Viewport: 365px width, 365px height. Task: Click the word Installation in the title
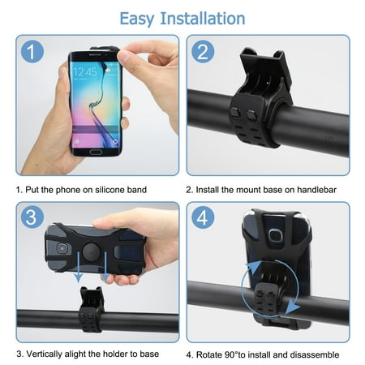[203, 19]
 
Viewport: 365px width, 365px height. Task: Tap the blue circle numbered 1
[32, 52]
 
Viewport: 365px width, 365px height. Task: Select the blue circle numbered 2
[203, 52]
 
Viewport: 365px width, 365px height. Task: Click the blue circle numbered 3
[32, 217]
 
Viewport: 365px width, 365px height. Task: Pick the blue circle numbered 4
[203, 217]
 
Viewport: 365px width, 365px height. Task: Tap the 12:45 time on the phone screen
[85, 72]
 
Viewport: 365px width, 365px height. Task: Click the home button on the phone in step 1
[96, 152]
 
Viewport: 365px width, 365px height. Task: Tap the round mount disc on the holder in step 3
[92, 251]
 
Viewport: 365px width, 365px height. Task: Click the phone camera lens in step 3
[62, 248]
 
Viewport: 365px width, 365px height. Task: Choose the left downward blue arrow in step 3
[79, 267]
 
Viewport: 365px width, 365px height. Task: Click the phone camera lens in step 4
[275, 236]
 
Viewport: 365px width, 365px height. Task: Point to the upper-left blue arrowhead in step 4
[255, 267]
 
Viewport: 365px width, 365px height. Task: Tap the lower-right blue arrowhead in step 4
[293, 307]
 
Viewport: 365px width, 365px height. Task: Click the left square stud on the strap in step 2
[235, 113]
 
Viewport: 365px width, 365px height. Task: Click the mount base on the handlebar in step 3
[91, 309]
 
